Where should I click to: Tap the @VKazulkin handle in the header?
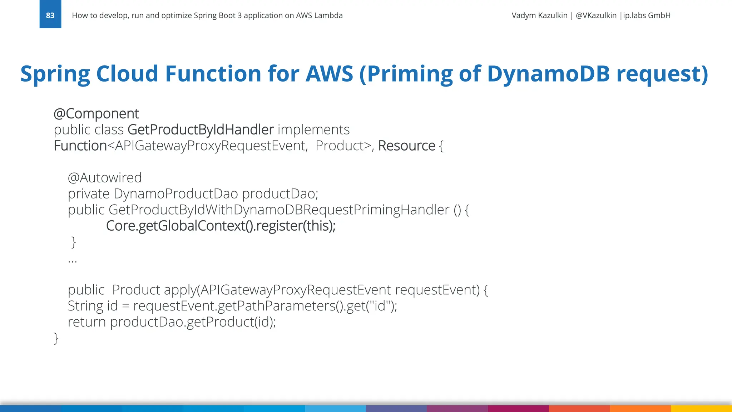[596, 15]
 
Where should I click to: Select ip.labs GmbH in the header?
[647, 15]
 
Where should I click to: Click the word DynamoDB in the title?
[548, 74]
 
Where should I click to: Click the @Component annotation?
[96, 114]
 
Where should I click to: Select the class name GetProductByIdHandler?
[201, 129]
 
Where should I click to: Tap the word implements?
[313, 129]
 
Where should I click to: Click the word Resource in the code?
[406, 146]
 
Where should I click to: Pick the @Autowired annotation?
[105, 178]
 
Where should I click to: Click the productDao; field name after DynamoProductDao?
[280, 194]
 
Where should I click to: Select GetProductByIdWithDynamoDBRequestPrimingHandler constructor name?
[278, 210]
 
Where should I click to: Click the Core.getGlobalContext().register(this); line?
[221, 226]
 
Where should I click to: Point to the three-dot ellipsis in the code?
[72, 261]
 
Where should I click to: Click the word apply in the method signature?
[180, 290]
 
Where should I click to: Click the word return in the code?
[87, 322]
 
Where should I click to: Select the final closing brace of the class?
[56, 338]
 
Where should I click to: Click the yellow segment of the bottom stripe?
[701, 408]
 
